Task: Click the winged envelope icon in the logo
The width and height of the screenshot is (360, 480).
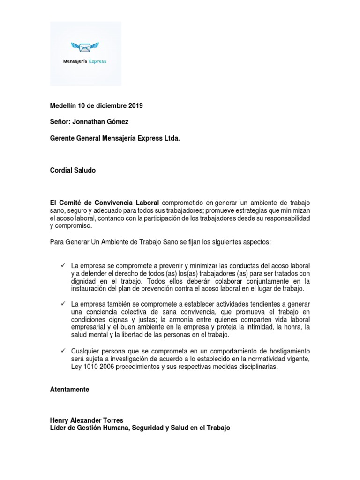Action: coord(85,47)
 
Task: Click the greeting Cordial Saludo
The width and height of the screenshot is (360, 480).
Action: coord(73,171)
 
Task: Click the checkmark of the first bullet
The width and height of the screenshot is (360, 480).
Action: coord(63,266)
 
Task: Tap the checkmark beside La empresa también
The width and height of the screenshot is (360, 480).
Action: coord(63,304)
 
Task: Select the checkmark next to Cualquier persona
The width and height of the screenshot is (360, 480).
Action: coord(63,351)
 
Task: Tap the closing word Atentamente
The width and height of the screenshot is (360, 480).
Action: coord(69,390)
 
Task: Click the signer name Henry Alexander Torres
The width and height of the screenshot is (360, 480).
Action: coord(87,421)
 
